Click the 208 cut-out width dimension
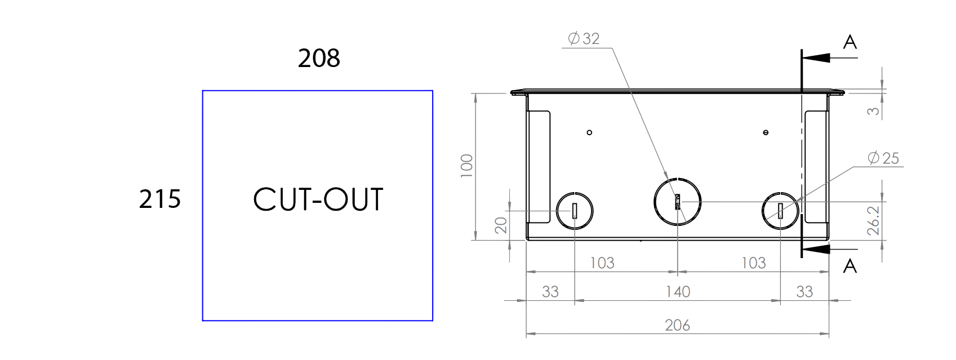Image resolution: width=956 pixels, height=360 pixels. (319, 58)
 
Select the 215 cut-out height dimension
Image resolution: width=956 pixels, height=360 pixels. (160, 199)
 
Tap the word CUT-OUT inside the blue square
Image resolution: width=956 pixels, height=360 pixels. (318, 199)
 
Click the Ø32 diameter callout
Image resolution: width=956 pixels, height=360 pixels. (584, 39)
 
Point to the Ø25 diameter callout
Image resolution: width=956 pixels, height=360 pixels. (883, 158)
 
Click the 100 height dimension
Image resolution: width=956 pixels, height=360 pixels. (467, 166)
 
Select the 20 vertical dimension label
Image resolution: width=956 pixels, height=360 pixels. (501, 225)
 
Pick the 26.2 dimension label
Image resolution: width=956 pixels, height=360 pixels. (873, 220)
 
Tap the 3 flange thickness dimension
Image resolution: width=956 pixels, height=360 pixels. (873, 111)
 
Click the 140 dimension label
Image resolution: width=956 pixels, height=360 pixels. (678, 292)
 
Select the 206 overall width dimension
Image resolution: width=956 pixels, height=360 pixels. (677, 326)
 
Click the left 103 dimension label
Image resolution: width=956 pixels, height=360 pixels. (602, 263)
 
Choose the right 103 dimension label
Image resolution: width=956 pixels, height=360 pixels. (754, 263)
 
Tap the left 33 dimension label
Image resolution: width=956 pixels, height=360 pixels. (550, 292)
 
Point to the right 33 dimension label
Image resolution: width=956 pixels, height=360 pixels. (804, 292)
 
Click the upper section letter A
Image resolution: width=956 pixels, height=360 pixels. (850, 42)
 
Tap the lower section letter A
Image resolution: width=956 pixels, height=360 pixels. (850, 266)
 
